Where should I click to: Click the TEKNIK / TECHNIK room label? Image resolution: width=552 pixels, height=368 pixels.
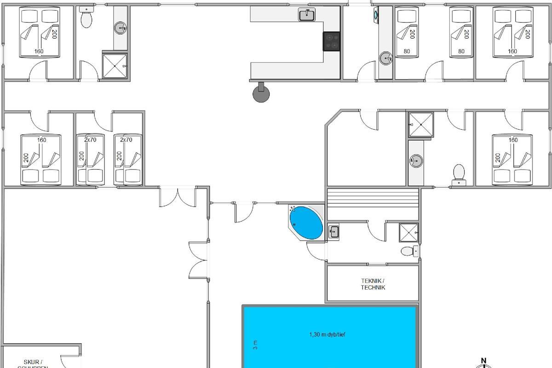pyautogui.click(x=373, y=284)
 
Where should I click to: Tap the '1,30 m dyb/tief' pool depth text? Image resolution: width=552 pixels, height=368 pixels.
pyautogui.click(x=327, y=334)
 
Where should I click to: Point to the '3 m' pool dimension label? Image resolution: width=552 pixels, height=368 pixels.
pyautogui.click(x=255, y=345)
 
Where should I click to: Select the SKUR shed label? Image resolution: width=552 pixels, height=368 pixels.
pyautogui.click(x=33, y=362)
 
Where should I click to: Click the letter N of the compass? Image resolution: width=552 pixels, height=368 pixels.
pyautogui.click(x=483, y=361)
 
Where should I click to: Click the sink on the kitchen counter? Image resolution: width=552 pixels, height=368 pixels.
pyautogui.click(x=306, y=15)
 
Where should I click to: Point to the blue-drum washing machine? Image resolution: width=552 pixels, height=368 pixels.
pyautogui.click(x=376, y=15)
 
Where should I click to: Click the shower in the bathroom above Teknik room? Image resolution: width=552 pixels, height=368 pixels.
pyautogui.click(x=408, y=233)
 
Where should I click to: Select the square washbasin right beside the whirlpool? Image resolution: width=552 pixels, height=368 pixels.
pyautogui.click(x=333, y=231)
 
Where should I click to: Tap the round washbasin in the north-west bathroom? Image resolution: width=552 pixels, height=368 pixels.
pyautogui.click(x=121, y=29)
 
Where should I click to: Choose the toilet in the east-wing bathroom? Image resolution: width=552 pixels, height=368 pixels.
pyautogui.click(x=459, y=173)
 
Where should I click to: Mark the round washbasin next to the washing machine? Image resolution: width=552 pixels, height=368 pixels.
pyautogui.click(x=385, y=57)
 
